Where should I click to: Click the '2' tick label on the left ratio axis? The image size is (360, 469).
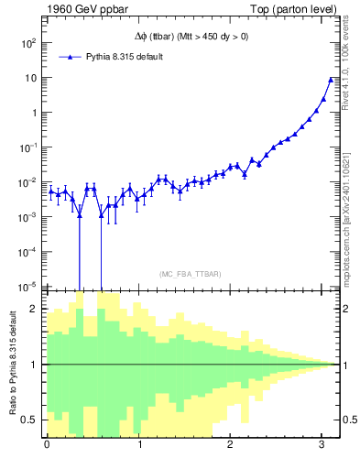coord(35,309)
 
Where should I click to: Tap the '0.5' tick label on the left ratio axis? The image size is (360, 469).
coord(31,420)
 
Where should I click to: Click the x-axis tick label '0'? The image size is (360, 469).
coord(47,445)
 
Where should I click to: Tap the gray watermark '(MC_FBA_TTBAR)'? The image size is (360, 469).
coord(190,274)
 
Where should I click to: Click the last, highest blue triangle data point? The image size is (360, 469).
coord(331,80)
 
